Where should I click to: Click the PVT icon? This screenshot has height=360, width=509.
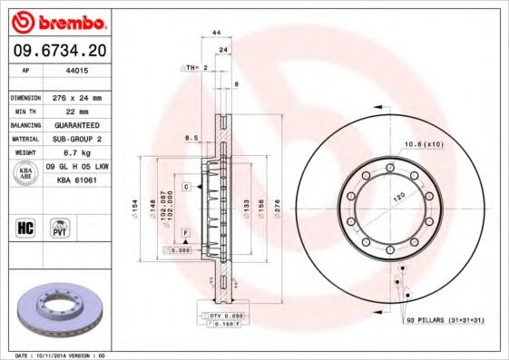click(x=61, y=227)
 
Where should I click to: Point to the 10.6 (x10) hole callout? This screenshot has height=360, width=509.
click(x=423, y=144)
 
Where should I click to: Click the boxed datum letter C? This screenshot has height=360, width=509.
click(x=186, y=186)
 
